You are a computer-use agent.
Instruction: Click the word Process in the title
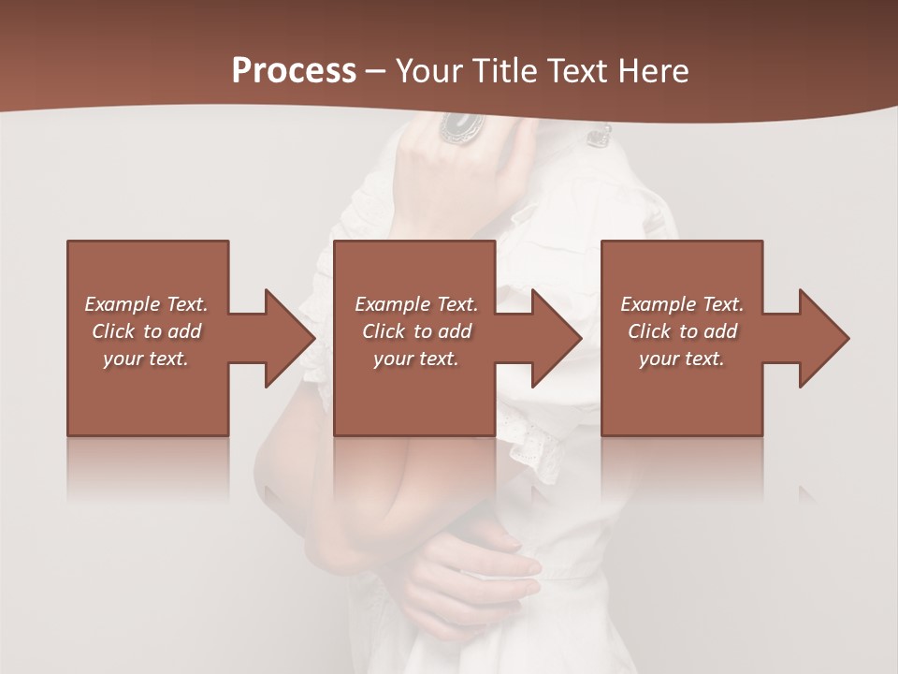294,70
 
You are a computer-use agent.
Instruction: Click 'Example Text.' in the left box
147,304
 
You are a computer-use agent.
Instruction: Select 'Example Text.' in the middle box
416,304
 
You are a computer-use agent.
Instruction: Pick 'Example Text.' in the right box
682,304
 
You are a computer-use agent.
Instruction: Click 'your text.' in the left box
147,359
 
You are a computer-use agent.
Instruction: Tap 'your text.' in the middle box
416,359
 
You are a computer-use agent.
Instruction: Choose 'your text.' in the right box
682,359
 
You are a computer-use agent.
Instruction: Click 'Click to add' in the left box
147,331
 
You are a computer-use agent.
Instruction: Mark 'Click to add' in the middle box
416,331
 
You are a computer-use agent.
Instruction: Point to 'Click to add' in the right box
682,331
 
